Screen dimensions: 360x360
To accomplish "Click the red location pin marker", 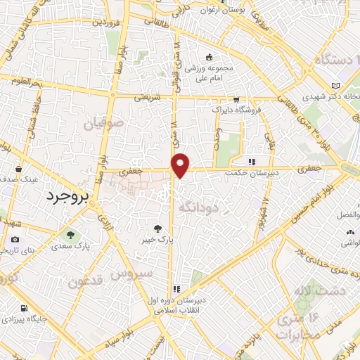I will tap(180, 165).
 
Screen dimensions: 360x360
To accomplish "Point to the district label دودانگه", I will tap(200, 207).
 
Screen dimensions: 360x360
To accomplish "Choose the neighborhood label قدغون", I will tap(86, 282).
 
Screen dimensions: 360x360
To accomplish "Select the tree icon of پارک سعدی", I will tap(70, 234).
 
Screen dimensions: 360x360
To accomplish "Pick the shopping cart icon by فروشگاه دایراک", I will tap(236, 100).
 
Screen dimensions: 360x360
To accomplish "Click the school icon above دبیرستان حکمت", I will tap(251, 162).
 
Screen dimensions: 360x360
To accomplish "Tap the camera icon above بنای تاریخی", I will tap(15, 240).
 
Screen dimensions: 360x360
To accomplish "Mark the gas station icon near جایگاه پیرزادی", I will tap(25, 308).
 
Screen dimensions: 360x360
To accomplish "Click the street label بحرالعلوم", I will tap(26, 82).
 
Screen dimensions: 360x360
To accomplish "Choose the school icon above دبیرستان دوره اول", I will tap(176, 288).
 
